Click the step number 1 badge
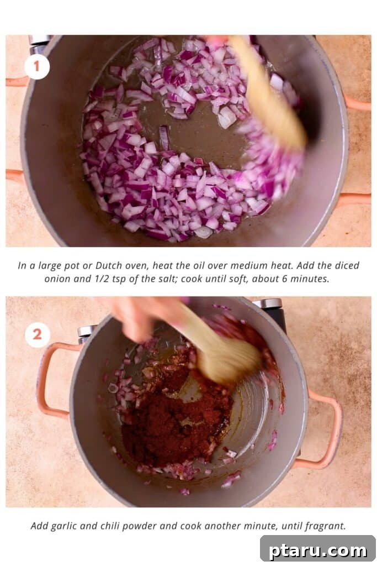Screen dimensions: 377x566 pyautogui.click(x=37, y=66)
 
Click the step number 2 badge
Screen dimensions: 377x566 pyautogui.click(x=37, y=334)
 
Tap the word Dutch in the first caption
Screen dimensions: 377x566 pyautogui.click(x=109, y=266)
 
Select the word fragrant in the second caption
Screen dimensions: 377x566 pyautogui.click(x=325, y=526)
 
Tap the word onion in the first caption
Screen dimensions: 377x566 pyautogui.click(x=56, y=279)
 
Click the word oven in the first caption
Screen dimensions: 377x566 pyautogui.click(x=136, y=266)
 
